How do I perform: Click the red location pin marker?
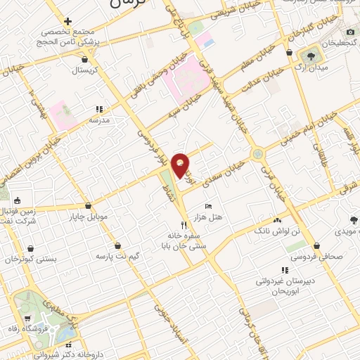tap(181, 165)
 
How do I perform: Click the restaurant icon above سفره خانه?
tap(184, 224)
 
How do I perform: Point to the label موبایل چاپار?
tap(89, 216)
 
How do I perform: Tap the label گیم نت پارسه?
tap(119, 257)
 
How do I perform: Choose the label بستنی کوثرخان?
tap(29, 259)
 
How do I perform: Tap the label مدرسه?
tap(98, 120)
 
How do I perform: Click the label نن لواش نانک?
tap(300, 231)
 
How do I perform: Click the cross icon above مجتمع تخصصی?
tap(67, 21)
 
